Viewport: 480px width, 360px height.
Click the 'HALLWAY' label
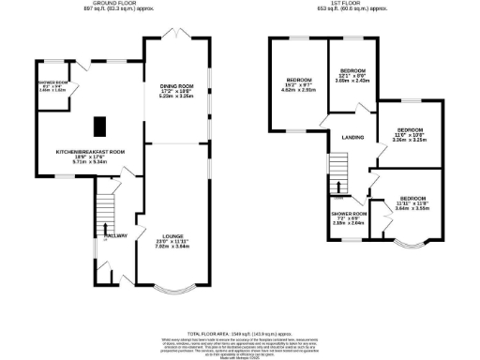pyautogui.click(x=115, y=236)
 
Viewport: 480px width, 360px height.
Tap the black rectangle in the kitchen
pyautogui.click(x=98, y=125)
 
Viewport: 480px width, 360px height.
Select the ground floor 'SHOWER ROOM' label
pyautogui.click(x=53, y=82)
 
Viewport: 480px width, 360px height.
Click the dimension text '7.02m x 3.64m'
pyautogui.click(x=172, y=247)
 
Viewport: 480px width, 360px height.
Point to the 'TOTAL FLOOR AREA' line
pyautogui.click(x=238, y=334)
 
